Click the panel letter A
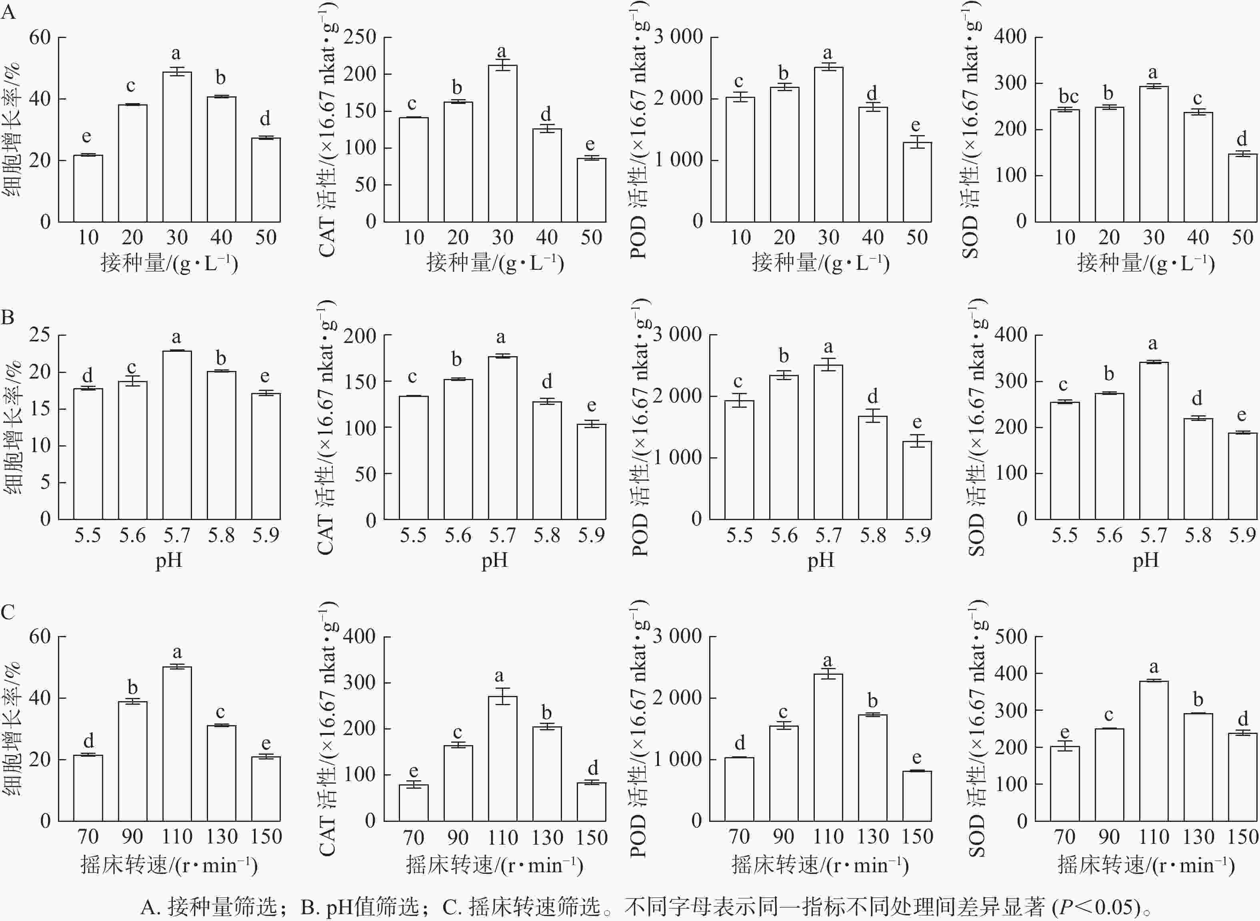pos(8,12)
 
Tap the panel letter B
pos(8,317)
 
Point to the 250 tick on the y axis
pos(360,37)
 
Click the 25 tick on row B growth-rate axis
pos(40,335)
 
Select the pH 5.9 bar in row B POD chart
pos(917,480)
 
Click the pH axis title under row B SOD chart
pos(1146,560)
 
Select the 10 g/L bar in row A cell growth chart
pos(88,188)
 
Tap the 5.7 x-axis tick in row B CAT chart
pos(502,535)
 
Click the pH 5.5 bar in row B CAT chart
pos(413,458)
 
